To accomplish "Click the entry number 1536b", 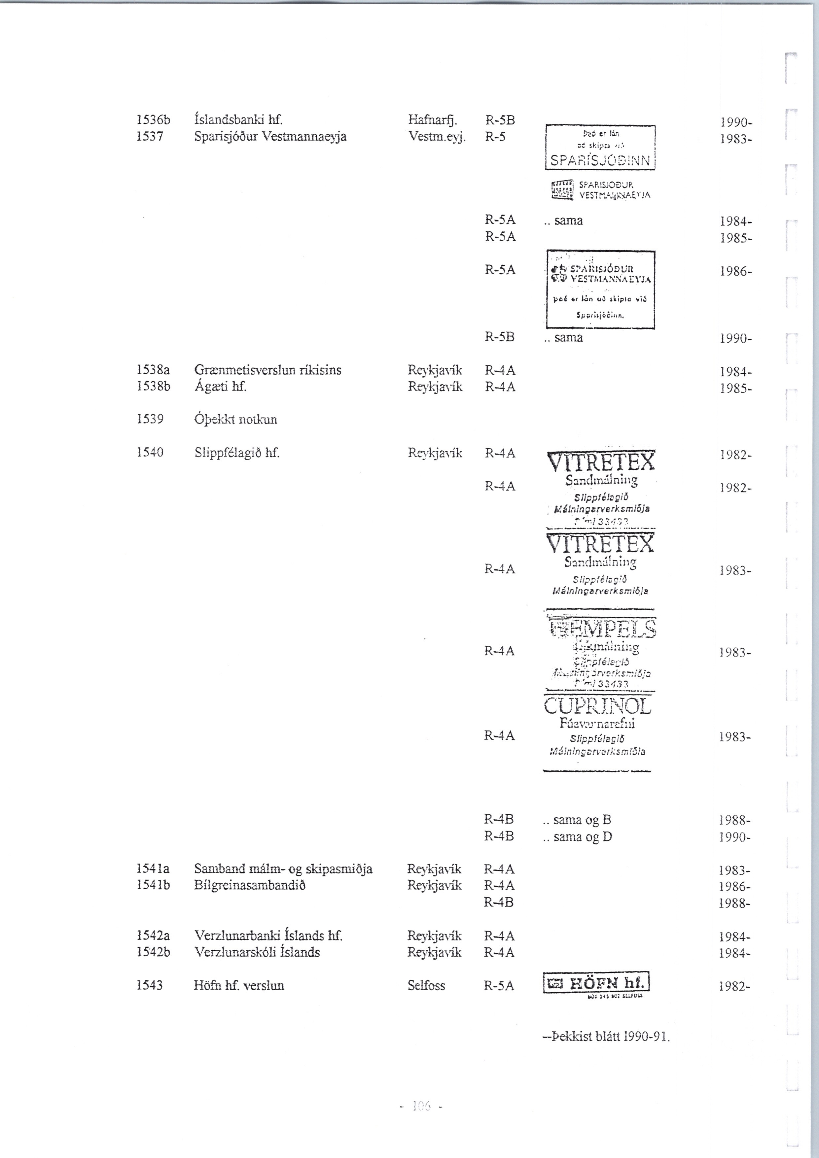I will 154,120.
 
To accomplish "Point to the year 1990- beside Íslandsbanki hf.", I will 736,122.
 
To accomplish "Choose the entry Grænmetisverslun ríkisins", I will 267,370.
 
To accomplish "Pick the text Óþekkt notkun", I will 236,420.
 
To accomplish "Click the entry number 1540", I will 150,453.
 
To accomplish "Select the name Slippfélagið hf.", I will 237,453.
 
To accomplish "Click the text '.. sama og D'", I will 578,837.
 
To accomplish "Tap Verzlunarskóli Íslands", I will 257,952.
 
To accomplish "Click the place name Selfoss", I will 426,985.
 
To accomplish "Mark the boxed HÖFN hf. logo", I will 596,982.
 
